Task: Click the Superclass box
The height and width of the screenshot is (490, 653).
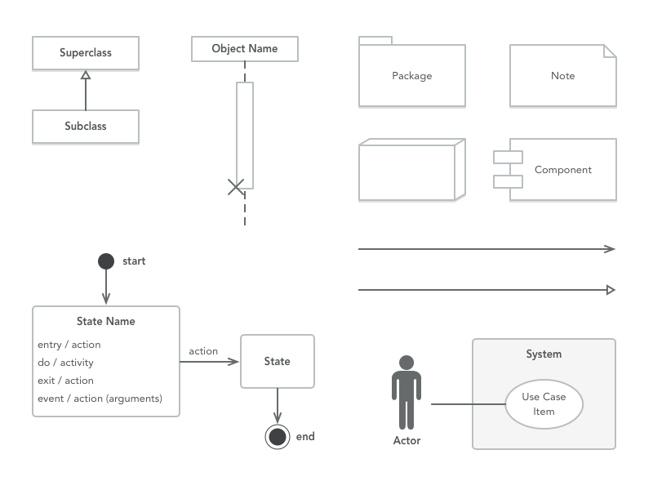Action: (x=86, y=53)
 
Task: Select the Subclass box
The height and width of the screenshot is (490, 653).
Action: (x=86, y=127)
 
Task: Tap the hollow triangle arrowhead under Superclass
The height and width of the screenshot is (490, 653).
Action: (x=86, y=75)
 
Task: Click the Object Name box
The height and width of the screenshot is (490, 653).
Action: (x=245, y=49)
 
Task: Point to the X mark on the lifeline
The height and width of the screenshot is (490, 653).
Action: (x=236, y=187)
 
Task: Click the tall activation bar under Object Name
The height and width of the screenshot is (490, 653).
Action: (x=245, y=131)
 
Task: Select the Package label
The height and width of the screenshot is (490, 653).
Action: (x=412, y=76)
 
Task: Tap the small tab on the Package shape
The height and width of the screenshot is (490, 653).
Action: (x=375, y=40)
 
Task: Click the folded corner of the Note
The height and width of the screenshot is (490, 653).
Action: (x=610, y=51)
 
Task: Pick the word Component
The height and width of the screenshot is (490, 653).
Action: (x=563, y=170)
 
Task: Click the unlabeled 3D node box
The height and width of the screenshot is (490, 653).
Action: (x=408, y=171)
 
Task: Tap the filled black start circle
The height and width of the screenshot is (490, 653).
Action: (x=105, y=261)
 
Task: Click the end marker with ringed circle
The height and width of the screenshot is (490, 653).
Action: (x=278, y=437)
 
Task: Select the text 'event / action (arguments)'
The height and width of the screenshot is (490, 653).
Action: (x=100, y=399)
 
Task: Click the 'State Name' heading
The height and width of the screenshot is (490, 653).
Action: (x=106, y=321)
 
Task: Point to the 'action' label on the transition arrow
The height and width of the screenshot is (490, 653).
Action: (x=203, y=351)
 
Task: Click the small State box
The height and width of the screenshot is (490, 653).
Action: (x=278, y=361)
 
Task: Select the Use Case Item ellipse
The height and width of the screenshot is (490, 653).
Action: (x=544, y=404)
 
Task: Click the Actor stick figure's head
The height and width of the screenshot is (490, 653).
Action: (x=406, y=362)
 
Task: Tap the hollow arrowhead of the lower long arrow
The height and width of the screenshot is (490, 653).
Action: (x=611, y=289)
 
